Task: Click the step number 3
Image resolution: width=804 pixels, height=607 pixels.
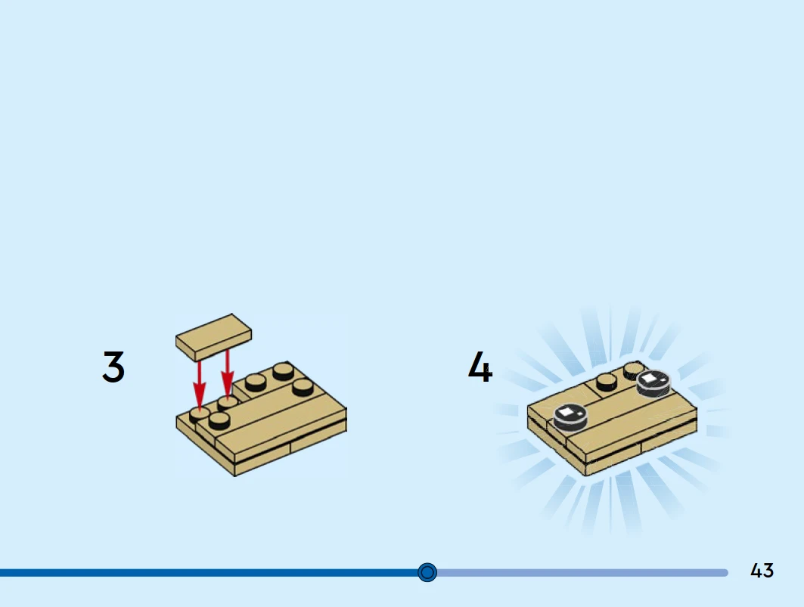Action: pyautogui.click(x=113, y=367)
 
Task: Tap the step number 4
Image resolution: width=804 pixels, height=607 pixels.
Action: pyautogui.click(x=480, y=367)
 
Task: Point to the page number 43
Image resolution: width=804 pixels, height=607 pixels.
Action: pyautogui.click(x=762, y=571)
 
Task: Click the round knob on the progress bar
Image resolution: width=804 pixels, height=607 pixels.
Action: pyautogui.click(x=427, y=572)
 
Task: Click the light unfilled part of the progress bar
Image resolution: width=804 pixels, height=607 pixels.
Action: pyautogui.click(x=582, y=573)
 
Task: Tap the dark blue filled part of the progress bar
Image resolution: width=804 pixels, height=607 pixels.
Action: pyautogui.click(x=209, y=573)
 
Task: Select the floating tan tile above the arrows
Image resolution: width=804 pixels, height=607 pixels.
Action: pyautogui.click(x=213, y=337)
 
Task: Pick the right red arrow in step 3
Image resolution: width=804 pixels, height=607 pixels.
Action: pyautogui.click(x=227, y=373)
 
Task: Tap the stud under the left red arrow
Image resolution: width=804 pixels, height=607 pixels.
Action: pyautogui.click(x=199, y=415)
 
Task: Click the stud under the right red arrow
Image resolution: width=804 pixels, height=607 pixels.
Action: pyautogui.click(x=227, y=404)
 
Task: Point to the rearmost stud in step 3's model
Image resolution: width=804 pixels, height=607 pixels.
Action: pyautogui.click(x=284, y=371)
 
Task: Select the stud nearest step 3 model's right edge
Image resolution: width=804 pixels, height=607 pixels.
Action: pyautogui.click(x=303, y=388)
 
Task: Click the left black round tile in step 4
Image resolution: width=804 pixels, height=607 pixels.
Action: pyautogui.click(x=570, y=417)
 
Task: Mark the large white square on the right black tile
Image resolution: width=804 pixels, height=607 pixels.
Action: pyautogui.click(x=649, y=378)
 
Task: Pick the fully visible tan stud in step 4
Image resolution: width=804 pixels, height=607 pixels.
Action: pyautogui.click(x=607, y=383)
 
